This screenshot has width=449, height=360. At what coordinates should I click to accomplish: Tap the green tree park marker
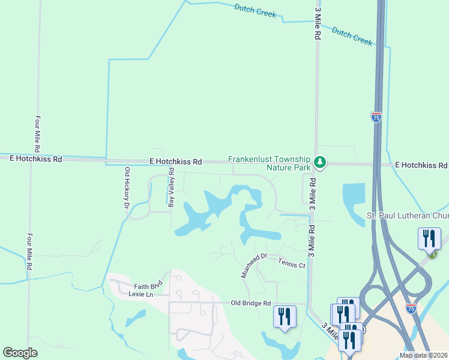pyautogui.click(x=321, y=162)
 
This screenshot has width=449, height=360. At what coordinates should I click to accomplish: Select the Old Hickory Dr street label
pyautogui.click(x=127, y=188)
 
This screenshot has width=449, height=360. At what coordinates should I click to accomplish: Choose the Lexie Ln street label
pyautogui.click(x=140, y=295)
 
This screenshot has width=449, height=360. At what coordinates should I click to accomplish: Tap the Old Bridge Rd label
pyautogui.click(x=251, y=303)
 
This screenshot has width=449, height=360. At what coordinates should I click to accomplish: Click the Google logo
pyautogui.click(x=20, y=353)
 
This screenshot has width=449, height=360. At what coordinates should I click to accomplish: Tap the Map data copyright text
pyautogui.click(x=423, y=355)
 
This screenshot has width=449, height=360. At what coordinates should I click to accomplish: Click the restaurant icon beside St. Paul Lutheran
pyautogui.click(x=429, y=238)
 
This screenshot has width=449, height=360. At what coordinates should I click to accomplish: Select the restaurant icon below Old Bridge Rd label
pyautogui.click(x=284, y=317)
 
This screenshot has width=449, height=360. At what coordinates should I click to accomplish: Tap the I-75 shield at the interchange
pyautogui.click(x=411, y=308)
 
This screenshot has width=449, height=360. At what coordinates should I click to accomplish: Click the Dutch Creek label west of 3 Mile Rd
pyautogui.click(x=255, y=10)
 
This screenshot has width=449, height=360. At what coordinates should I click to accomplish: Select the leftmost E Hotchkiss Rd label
pyautogui.click(x=36, y=159)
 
